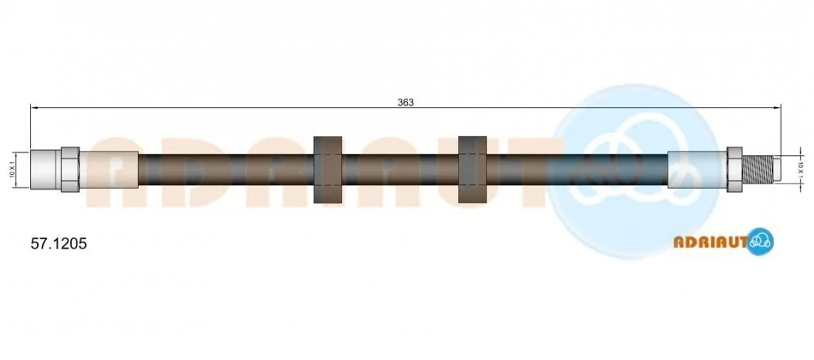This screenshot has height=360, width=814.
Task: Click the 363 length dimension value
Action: click(405, 102)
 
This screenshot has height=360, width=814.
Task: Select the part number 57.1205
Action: click(58, 243)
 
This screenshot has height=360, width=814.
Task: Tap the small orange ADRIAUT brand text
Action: click(710, 242)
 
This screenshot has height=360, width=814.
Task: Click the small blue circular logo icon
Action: click(761, 241)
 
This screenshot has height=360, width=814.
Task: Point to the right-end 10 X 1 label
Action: click(800, 170)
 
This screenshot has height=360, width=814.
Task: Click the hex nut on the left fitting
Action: click(70, 170)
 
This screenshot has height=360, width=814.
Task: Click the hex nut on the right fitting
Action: click(734, 170)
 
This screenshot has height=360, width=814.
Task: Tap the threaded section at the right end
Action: click(757, 170)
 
